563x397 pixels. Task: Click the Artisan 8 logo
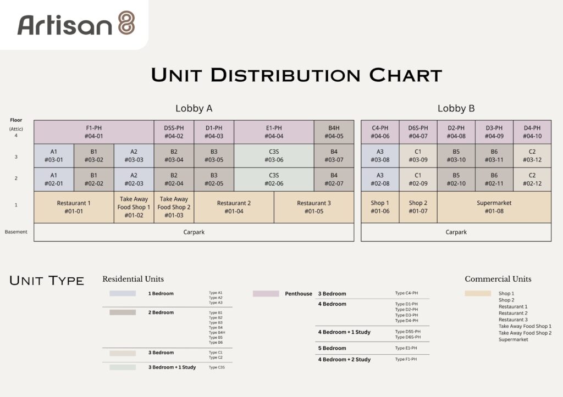(76, 24)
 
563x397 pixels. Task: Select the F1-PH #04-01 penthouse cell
(93, 132)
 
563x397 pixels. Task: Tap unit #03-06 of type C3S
(274, 155)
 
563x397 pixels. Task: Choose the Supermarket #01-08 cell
(494, 207)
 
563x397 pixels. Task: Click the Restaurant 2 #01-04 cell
(234, 207)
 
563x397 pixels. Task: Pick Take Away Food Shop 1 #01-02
(134, 207)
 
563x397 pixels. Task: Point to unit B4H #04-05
(334, 132)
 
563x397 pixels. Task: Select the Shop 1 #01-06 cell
(380, 207)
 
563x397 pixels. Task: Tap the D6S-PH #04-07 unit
(418, 132)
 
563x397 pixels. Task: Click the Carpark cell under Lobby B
(456, 232)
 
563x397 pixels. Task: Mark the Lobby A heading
(194, 108)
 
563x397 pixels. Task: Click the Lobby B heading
(456, 108)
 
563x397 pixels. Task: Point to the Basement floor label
(16, 232)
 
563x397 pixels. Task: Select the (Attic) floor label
(16, 128)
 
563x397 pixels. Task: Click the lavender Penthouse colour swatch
(266, 294)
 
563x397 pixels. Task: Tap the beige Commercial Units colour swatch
(478, 293)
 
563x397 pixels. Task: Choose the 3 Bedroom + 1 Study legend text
(172, 367)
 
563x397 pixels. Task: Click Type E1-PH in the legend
(406, 348)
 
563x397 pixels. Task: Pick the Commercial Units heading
(498, 279)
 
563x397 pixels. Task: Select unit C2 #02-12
(532, 180)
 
